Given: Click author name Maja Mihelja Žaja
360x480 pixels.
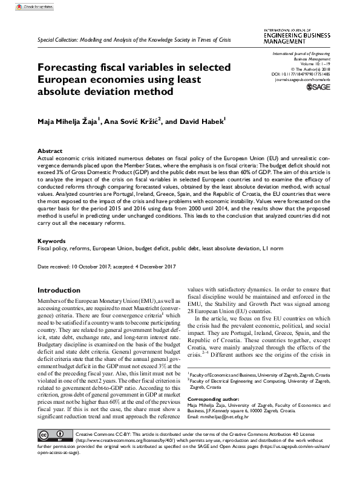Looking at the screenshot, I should (67, 121).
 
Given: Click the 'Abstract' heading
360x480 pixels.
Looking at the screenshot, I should (50, 151).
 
